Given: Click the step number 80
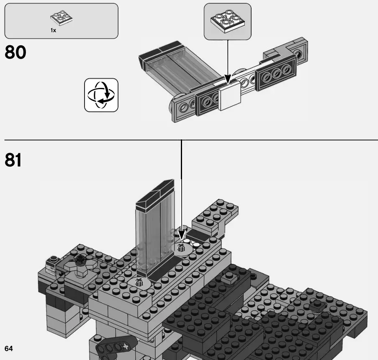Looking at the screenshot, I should (15, 53).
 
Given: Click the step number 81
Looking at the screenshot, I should (13, 160).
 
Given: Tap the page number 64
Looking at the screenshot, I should (9, 348).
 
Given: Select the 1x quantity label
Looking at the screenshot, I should (54, 31).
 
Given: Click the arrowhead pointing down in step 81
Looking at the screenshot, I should (181, 234).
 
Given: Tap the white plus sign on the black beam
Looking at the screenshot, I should (124, 347).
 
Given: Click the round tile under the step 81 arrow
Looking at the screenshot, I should (181, 248).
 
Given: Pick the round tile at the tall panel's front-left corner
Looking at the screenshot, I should (138, 283).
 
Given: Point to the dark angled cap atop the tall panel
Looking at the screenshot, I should (154, 194).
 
